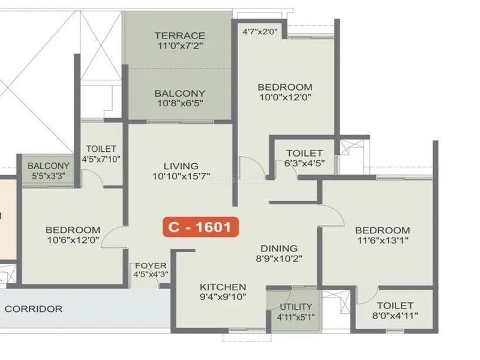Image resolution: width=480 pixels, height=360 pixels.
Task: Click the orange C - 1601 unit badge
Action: click(x=200, y=227)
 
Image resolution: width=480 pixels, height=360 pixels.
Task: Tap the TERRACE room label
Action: click(x=179, y=35)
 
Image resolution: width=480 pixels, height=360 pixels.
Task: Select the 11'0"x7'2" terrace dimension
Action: click(x=181, y=46)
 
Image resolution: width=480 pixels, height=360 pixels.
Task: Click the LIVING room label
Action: click(x=181, y=166)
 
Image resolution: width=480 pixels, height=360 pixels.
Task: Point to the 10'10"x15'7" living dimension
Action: click(x=181, y=176)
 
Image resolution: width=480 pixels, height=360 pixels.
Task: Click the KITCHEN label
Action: click(x=223, y=287)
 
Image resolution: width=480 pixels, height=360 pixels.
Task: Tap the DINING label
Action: click(x=279, y=248)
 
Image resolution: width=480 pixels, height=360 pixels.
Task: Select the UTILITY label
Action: click(x=296, y=307)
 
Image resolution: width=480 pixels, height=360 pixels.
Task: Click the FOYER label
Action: click(x=151, y=265)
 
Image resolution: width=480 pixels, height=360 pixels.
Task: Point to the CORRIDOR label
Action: click(x=34, y=309)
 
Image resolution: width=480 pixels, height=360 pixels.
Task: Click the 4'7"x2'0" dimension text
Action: click(x=260, y=31)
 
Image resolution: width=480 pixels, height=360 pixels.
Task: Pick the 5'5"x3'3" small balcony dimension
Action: click(x=49, y=176)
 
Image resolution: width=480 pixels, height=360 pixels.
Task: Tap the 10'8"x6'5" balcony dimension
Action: click(x=181, y=103)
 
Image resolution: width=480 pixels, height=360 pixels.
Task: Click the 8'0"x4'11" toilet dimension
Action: click(x=395, y=316)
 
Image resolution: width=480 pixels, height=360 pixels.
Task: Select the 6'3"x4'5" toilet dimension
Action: click(x=305, y=163)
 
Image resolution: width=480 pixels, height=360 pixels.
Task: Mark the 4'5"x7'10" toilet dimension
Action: click(x=101, y=159)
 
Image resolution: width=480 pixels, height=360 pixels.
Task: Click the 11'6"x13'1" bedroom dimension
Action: click(x=383, y=241)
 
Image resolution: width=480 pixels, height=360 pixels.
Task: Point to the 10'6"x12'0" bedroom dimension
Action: click(x=73, y=240)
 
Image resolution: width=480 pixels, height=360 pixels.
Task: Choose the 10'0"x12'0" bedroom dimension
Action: click(x=286, y=97)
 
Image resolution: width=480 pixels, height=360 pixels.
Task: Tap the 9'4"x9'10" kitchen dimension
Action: click(x=223, y=297)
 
